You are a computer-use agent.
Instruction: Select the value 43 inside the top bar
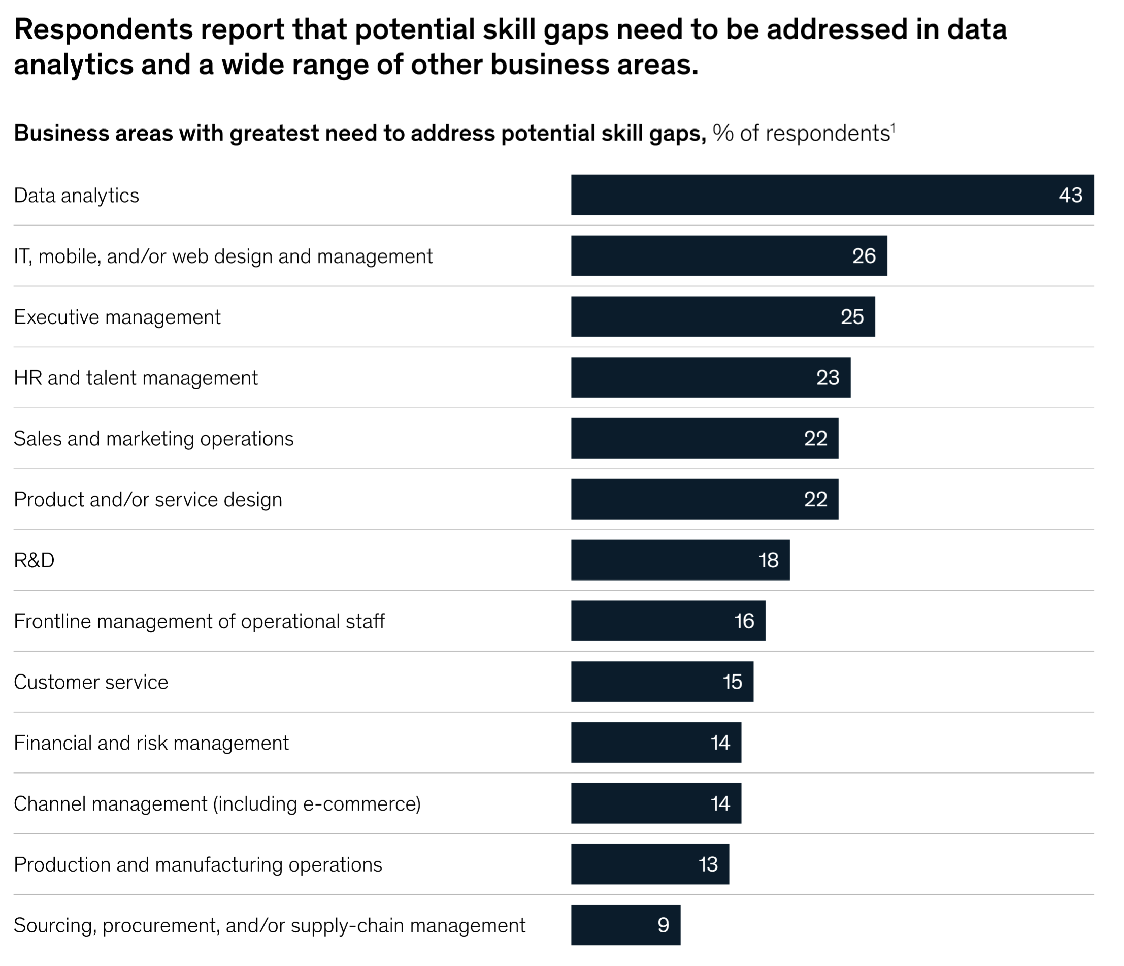(x=1070, y=196)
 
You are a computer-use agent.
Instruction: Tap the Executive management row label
(x=117, y=317)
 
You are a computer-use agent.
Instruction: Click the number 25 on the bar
(x=852, y=317)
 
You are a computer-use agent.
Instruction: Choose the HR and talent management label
(x=136, y=378)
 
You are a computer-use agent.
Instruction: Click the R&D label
(x=34, y=560)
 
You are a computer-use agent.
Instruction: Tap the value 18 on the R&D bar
(x=768, y=560)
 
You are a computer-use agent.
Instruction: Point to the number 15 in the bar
(x=732, y=682)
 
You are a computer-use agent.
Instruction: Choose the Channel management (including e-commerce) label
(x=217, y=803)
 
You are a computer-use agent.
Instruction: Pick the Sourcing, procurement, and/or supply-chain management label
(x=270, y=925)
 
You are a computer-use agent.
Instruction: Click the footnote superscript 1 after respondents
(x=893, y=127)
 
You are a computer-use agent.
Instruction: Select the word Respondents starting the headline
(x=103, y=29)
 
